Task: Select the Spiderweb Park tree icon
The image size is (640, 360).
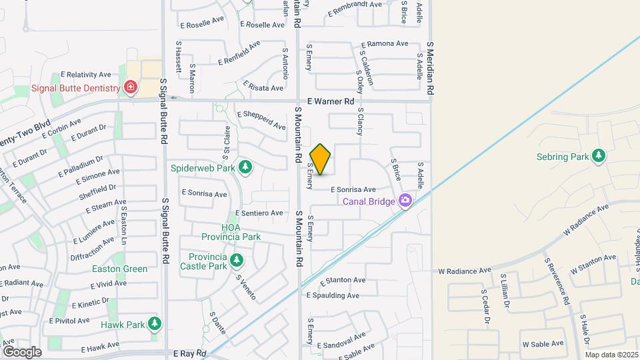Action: click(x=245, y=167)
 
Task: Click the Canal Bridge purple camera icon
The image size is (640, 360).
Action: click(x=405, y=201)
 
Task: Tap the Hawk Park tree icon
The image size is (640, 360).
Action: click(x=155, y=325)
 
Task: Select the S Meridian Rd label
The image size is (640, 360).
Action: click(x=431, y=69)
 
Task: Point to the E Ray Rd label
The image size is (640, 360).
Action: click(x=189, y=353)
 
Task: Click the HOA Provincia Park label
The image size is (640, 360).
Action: click(x=231, y=232)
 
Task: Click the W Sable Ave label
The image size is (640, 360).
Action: click(x=543, y=345)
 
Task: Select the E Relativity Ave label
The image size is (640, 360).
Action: click(x=85, y=75)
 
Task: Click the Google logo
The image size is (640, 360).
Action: click(x=21, y=351)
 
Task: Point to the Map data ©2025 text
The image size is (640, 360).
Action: click(x=611, y=355)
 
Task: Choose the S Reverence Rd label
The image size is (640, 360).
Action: click(x=557, y=281)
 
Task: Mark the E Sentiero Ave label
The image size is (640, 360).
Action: click(x=259, y=213)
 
